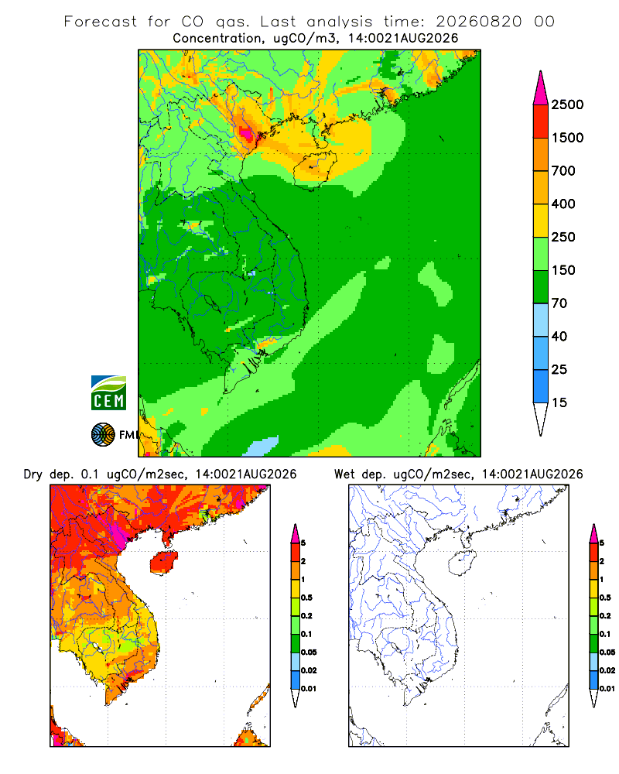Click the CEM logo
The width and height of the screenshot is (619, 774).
point(108,393)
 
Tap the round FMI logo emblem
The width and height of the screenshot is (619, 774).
point(103,435)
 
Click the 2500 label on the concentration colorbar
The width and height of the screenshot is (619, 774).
point(567,104)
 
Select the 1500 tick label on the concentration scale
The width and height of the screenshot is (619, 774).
point(567,138)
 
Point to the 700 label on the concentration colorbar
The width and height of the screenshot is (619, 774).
point(563,171)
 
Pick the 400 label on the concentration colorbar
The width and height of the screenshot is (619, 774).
point(563,204)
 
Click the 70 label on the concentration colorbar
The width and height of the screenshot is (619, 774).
point(559,303)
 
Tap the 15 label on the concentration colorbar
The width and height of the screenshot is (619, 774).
point(559,402)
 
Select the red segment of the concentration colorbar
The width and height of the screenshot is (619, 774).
point(541,122)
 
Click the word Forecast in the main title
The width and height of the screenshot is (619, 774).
point(101,22)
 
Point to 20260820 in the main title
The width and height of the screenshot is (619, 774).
point(479,22)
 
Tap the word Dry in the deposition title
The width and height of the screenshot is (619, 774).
point(33,475)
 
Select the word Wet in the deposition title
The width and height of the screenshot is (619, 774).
point(344,474)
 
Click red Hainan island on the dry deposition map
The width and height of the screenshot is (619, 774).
point(164,562)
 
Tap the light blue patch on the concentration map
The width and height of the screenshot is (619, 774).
point(261,447)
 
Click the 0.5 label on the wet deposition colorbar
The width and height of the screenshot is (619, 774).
point(605,598)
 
